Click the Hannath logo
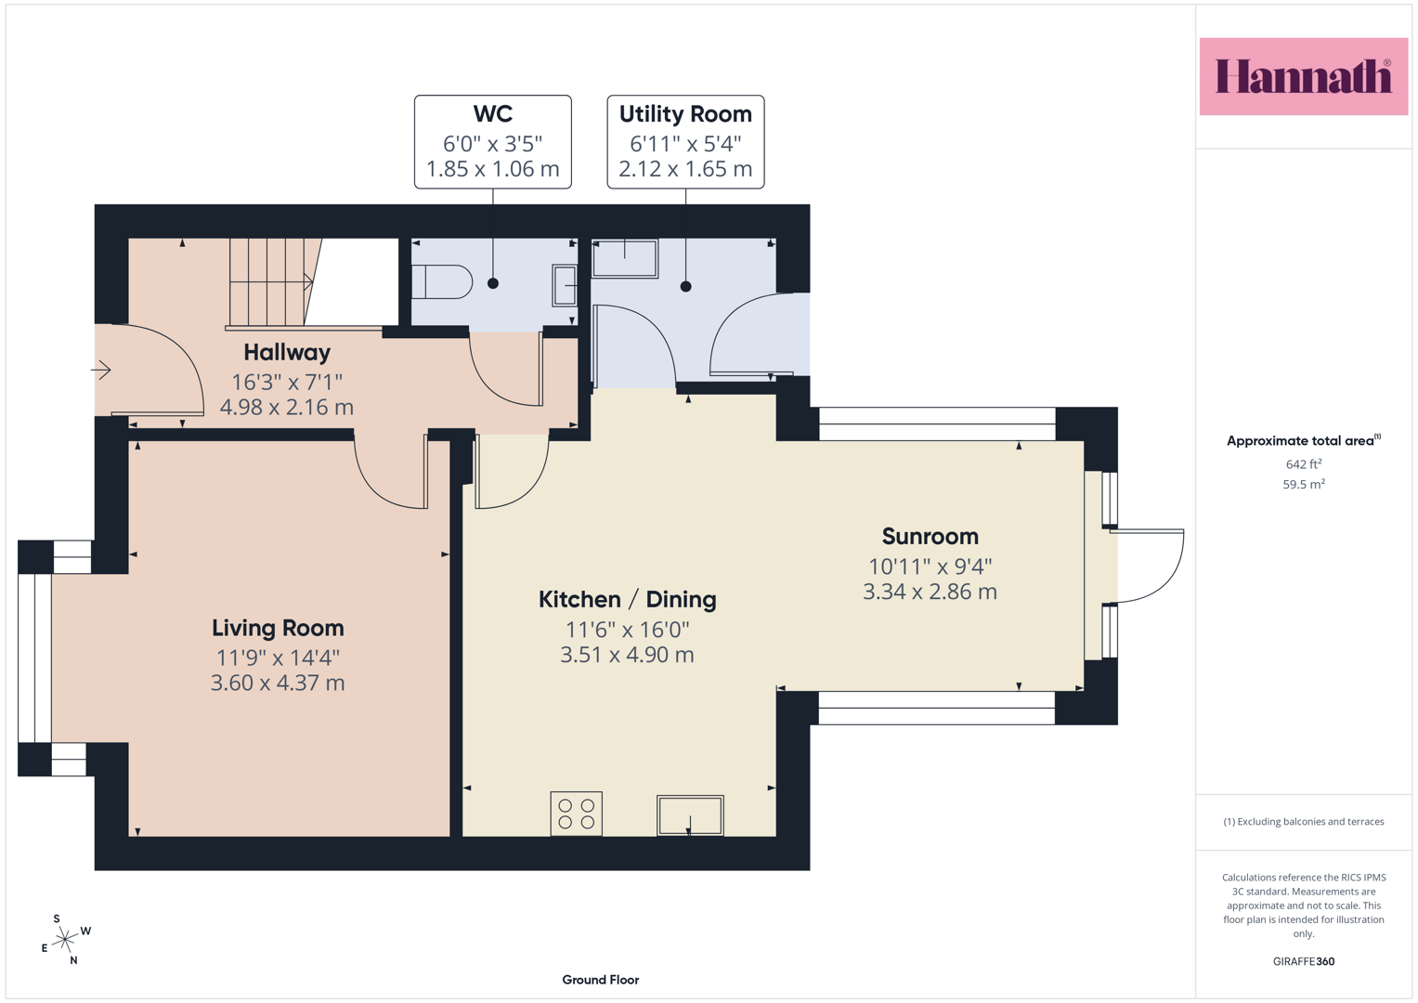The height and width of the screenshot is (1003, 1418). click(x=1304, y=76)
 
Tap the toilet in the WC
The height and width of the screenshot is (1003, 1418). click(x=442, y=281)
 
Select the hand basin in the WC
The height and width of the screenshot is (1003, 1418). click(x=565, y=286)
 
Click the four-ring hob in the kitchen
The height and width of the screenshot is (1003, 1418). click(x=576, y=814)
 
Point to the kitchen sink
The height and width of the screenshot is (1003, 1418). click(x=690, y=815)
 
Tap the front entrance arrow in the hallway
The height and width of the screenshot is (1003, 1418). click(x=101, y=370)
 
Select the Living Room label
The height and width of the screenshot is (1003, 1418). click(x=278, y=628)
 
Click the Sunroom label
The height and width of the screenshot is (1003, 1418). click(x=930, y=537)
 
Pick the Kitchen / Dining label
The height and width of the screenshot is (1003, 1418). click(x=628, y=599)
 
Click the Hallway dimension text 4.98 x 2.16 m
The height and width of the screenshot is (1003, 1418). click(x=287, y=407)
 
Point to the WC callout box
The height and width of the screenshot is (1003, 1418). click(x=493, y=142)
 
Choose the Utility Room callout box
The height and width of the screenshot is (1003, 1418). click(x=685, y=142)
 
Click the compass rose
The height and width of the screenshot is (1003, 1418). click(x=65, y=940)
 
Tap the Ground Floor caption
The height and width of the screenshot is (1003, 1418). click(x=601, y=980)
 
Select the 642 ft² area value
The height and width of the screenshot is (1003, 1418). click(x=1304, y=464)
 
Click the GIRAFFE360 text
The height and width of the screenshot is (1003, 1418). click(x=1304, y=961)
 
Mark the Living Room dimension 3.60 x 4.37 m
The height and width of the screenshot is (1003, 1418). click(x=278, y=684)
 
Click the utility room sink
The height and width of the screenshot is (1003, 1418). click(x=625, y=258)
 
